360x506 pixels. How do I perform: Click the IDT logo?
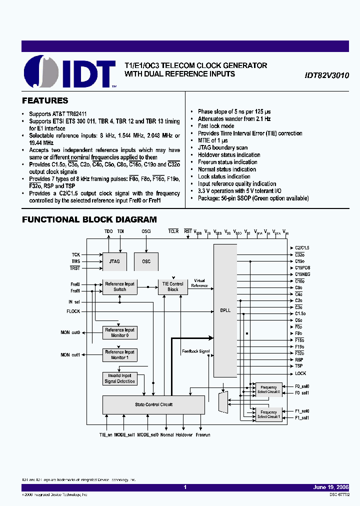[x=70, y=72]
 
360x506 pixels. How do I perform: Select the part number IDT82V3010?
[x=326, y=75]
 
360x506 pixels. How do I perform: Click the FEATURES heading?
[x=45, y=100]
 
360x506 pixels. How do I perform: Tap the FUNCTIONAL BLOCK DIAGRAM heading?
[x=89, y=219]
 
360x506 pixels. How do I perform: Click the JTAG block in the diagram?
[x=114, y=261]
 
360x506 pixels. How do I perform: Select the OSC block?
[x=146, y=261]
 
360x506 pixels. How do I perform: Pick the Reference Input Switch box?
[x=119, y=286]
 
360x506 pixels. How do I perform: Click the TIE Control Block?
[x=173, y=286]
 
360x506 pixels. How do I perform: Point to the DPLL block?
[x=225, y=310]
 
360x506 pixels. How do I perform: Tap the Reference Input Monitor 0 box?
[x=119, y=332]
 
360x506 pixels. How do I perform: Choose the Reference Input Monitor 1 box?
[x=119, y=354]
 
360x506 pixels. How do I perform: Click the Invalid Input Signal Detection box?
[x=119, y=378]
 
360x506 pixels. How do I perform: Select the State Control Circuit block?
[x=153, y=404]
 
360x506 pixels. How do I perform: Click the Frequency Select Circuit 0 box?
[x=268, y=389]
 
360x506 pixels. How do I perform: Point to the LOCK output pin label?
[x=300, y=373]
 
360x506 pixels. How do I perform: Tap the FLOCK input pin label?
[x=73, y=311]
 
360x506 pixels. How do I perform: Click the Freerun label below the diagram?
[x=203, y=435]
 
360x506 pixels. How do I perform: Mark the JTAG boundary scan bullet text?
[x=222, y=147]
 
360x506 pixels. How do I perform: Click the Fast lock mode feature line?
[x=216, y=126]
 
